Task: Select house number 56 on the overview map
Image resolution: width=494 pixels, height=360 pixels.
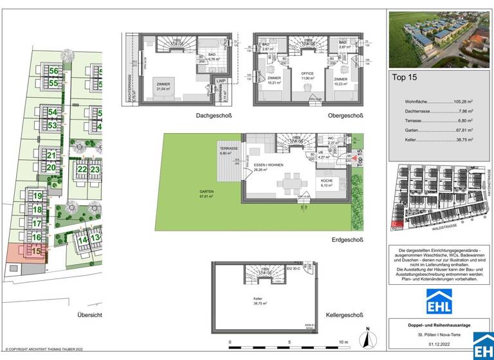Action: (53, 71)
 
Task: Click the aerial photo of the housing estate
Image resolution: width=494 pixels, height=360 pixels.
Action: (440, 39)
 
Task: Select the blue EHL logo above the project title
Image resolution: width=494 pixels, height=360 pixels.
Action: (440, 301)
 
